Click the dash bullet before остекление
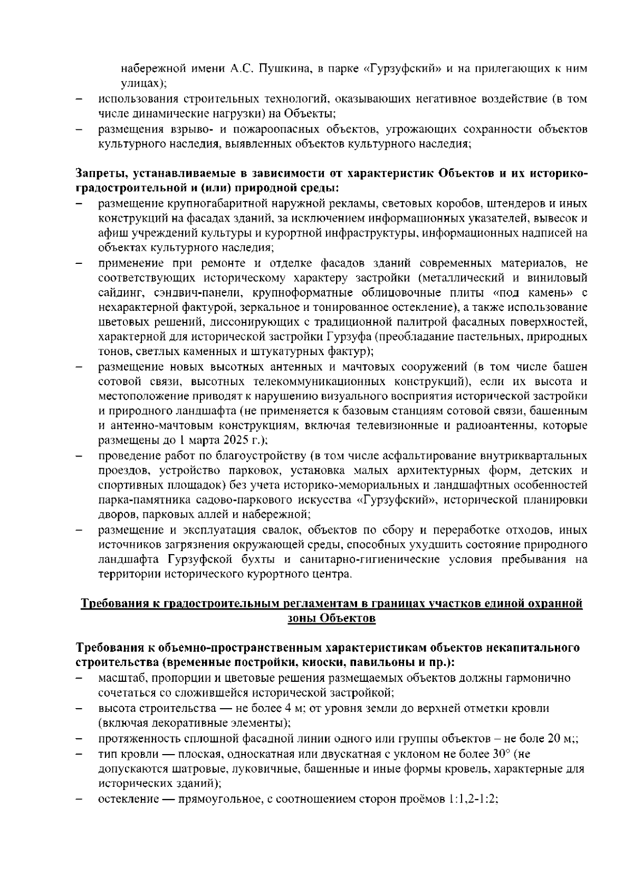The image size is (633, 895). [79, 799]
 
